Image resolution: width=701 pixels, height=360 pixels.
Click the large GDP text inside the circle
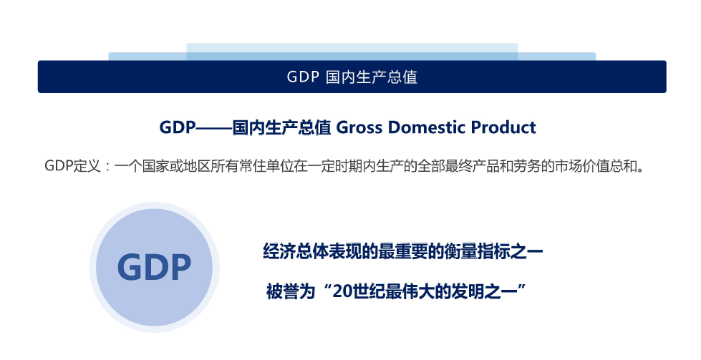coord(155,268)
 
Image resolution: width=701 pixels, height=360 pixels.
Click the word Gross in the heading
coord(359,128)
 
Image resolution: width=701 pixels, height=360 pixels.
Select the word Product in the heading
coord(503,128)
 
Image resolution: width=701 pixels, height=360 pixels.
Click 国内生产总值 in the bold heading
coord(281,128)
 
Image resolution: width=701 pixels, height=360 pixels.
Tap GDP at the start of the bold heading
coord(178,128)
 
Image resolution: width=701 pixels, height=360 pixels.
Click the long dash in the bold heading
coord(214,128)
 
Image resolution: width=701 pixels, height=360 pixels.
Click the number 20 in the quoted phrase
coord(343,292)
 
